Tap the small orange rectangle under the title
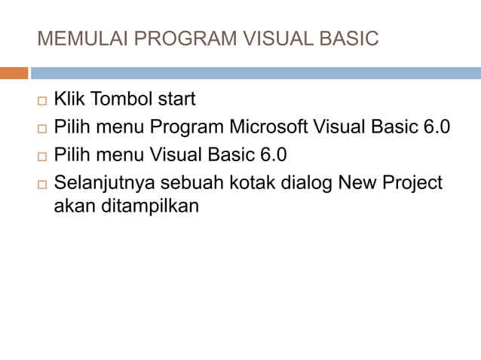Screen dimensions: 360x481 coord(14,73)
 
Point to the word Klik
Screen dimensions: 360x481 coord(69,99)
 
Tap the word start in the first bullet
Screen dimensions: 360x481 coord(176,99)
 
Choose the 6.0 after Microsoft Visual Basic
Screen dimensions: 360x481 coord(436,127)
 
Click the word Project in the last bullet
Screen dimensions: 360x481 coord(413,183)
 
